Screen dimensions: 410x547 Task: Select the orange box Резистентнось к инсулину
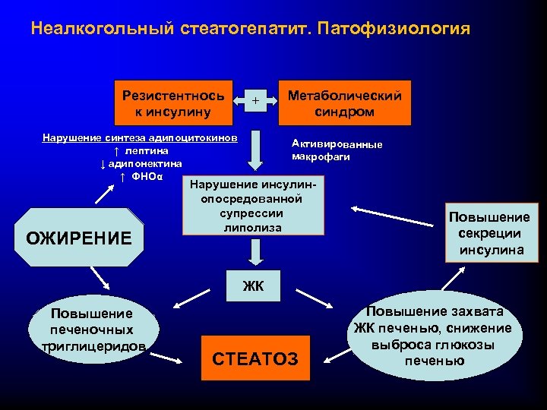point(173,103)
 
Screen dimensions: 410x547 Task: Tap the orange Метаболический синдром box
point(345,103)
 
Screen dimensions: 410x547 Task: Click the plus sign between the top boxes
point(256,100)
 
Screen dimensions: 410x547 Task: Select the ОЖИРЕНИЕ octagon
point(79,236)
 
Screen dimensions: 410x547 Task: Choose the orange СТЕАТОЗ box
point(257,357)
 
